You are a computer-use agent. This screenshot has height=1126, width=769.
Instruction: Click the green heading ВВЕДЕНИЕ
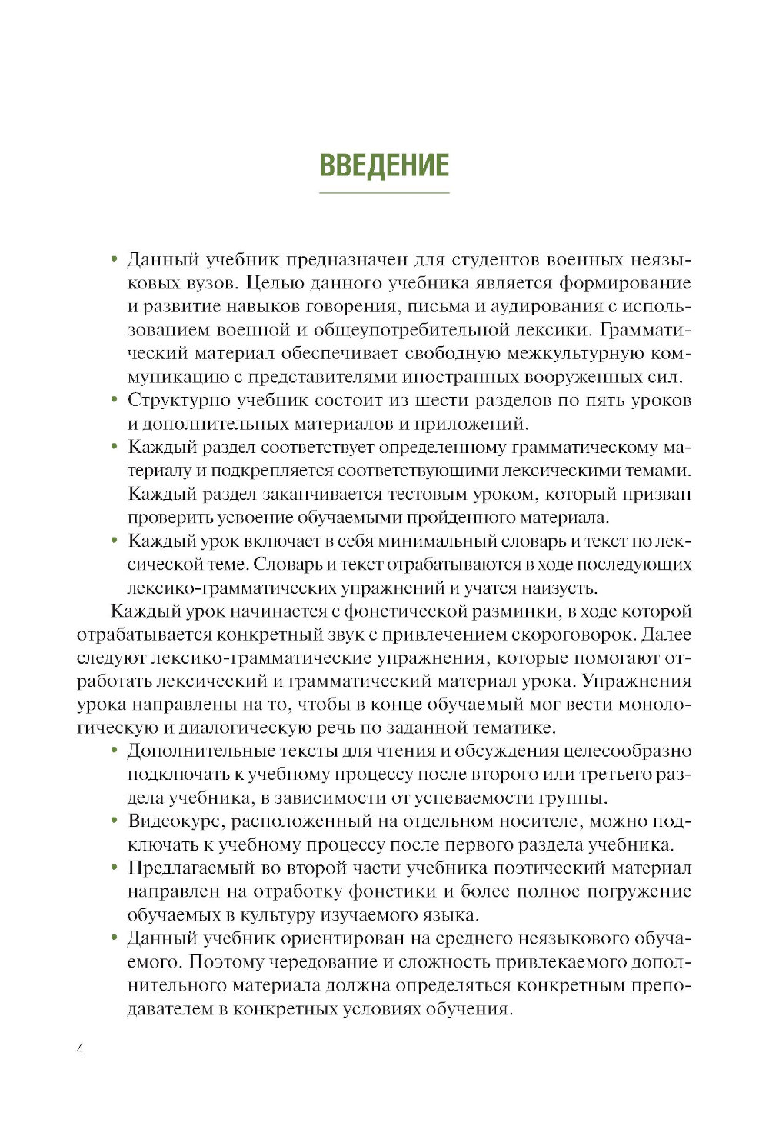[384, 165]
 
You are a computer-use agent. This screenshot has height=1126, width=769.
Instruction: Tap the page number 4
[81, 1050]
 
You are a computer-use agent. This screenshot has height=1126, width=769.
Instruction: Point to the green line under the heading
[384, 192]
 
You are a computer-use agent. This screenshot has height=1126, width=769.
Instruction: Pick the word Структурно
[179, 401]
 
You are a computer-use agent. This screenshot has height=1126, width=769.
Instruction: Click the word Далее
[666, 635]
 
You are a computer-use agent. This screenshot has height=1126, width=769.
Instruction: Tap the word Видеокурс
[176, 821]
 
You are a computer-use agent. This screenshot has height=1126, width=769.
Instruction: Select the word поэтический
[550, 868]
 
